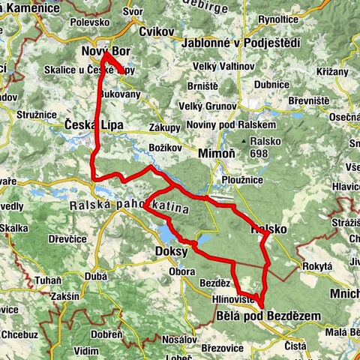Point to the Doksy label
(x=171, y=251)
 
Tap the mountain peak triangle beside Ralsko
(x=245, y=140)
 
